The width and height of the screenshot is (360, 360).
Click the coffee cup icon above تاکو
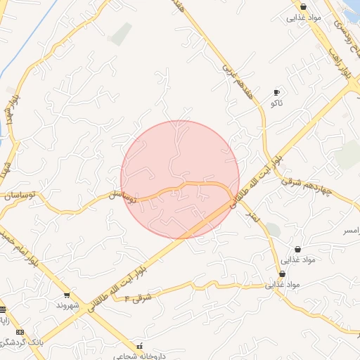[276, 92]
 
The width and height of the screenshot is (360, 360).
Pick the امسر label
[350, 230]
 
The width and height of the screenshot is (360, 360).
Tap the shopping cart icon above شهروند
[67, 295]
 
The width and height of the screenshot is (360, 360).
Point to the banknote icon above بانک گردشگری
[20, 332]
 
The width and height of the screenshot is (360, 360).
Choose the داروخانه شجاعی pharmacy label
[139, 356]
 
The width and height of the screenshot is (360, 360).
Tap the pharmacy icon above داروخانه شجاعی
[139, 346]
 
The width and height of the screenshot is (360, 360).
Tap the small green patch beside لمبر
[273, 230]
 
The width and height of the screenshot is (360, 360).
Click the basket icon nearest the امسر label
[298, 249]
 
